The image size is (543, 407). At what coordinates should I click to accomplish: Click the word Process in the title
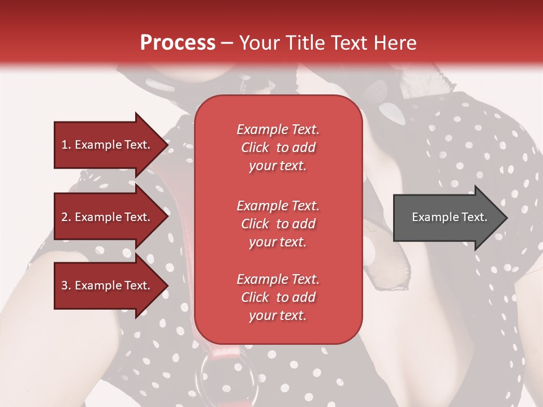tap(178, 43)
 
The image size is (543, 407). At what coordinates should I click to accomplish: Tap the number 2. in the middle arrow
tap(66, 217)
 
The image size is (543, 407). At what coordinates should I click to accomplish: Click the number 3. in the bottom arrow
tap(66, 285)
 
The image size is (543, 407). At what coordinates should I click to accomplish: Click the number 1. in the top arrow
tap(66, 145)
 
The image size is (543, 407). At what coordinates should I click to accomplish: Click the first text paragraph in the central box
tap(278, 148)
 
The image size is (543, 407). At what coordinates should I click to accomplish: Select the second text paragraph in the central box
tap(278, 224)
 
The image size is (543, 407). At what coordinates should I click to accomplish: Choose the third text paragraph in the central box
tap(278, 297)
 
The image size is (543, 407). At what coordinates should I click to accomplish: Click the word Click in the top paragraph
tap(255, 148)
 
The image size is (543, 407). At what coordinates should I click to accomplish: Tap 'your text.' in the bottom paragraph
tap(278, 315)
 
